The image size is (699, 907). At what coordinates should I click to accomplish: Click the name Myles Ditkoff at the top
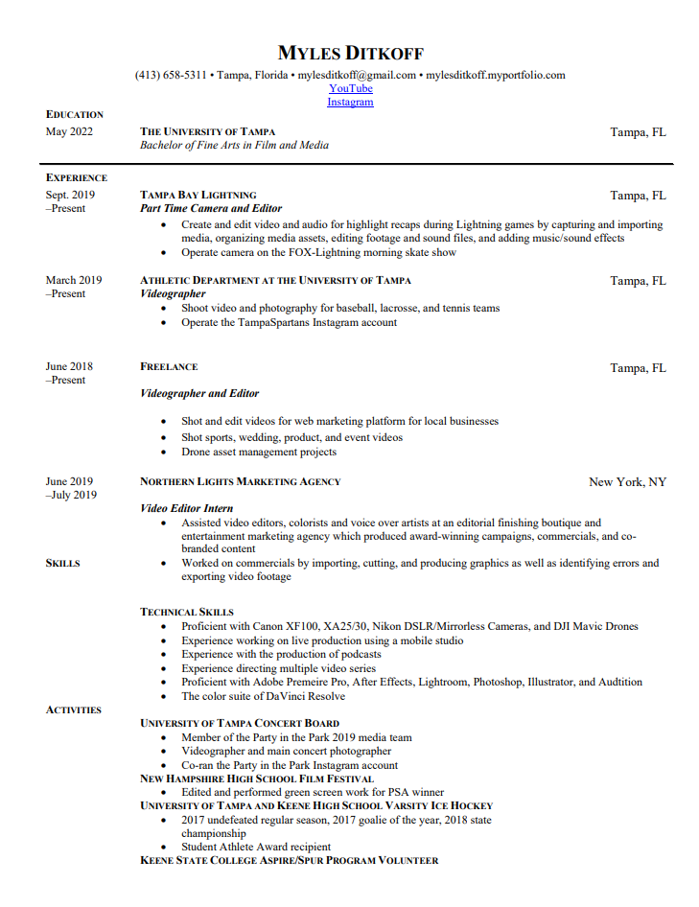(350, 53)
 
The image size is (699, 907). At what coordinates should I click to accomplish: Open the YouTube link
(350, 88)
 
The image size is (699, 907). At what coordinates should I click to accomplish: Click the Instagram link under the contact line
(350, 102)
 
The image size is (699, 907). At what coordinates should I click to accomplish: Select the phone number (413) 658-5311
(171, 75)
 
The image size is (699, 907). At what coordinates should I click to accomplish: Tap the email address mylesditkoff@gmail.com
(357, 75)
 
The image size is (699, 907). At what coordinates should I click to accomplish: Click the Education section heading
(75, 114)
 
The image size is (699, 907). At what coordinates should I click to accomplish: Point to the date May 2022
(69, 131)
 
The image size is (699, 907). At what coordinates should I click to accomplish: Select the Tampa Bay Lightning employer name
(198, 195)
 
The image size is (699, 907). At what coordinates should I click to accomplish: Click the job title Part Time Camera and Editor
(211, 208)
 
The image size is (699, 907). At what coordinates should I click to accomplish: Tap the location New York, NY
(627, 481)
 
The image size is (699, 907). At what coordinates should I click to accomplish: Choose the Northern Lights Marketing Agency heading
(240, 481)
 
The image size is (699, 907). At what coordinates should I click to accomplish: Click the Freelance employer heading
(169, 366)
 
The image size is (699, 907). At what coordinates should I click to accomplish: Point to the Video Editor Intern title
(187, 508)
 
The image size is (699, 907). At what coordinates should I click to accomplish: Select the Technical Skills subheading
(187, 612)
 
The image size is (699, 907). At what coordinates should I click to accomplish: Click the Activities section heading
(74, 710)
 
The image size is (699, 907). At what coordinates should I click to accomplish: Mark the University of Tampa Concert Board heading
(240, 723)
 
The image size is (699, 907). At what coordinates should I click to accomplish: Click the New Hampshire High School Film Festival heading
(257, 779)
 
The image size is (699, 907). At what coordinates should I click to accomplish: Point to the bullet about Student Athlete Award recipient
(256, 847)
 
